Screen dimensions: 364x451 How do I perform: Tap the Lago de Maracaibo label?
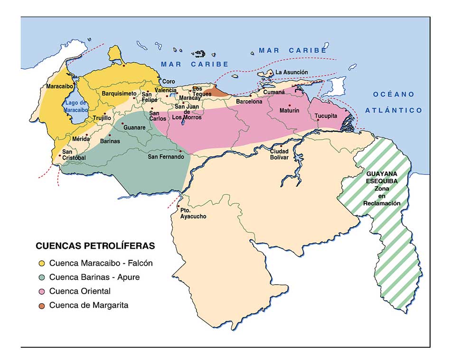(x=76, y=106)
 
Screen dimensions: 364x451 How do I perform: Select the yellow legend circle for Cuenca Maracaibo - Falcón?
(x=42, y=263)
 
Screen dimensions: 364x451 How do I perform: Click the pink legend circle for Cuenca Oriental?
(x=42, y=291)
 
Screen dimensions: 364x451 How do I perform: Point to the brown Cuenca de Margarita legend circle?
(x=42, y=306)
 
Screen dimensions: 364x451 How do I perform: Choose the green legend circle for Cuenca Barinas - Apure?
(x=42, y=277)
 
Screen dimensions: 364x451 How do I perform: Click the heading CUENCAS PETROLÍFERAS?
(x=95, y=246)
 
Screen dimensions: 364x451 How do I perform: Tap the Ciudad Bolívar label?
(x=279, y=154)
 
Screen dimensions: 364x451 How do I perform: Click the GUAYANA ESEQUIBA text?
(x=382, y=177)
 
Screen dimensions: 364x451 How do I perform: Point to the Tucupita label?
(x=326, y=115)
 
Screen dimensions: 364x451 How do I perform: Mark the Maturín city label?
(x=289, y=111)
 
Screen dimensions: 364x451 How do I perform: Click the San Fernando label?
(x=166, y=156)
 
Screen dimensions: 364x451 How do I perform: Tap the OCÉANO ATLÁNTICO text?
(x=394, y=102)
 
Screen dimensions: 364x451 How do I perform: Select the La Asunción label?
(x=291, y=72)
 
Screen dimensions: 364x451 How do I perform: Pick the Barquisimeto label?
(x=119, y=94)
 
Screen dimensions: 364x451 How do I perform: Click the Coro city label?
(x=169, y=81)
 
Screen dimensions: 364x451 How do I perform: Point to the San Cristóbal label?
(x=74, y=154)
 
